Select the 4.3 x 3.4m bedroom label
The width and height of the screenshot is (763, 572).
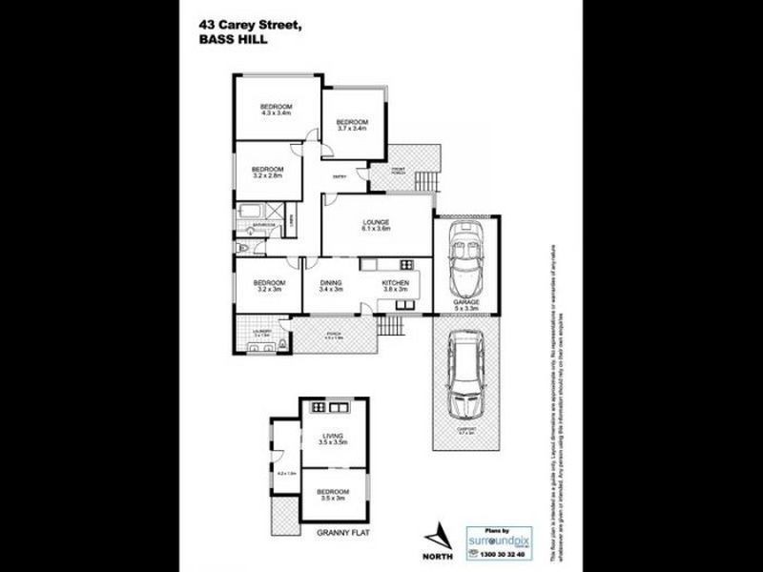(x=276, y=110)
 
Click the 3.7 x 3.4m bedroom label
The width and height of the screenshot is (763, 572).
(x=352, y=125)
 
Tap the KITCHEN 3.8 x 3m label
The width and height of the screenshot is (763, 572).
(x=395, y=287)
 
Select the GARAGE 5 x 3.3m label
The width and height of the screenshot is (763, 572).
(x=466, y=305)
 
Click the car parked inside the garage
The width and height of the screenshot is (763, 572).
(x=466, y=262)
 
